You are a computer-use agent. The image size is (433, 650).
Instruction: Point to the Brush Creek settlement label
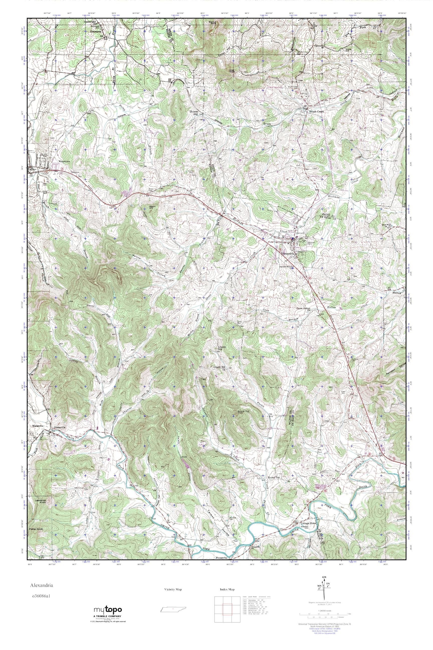[x=316, y=112]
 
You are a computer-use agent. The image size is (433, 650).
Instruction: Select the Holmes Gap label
[x=194, y=113]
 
